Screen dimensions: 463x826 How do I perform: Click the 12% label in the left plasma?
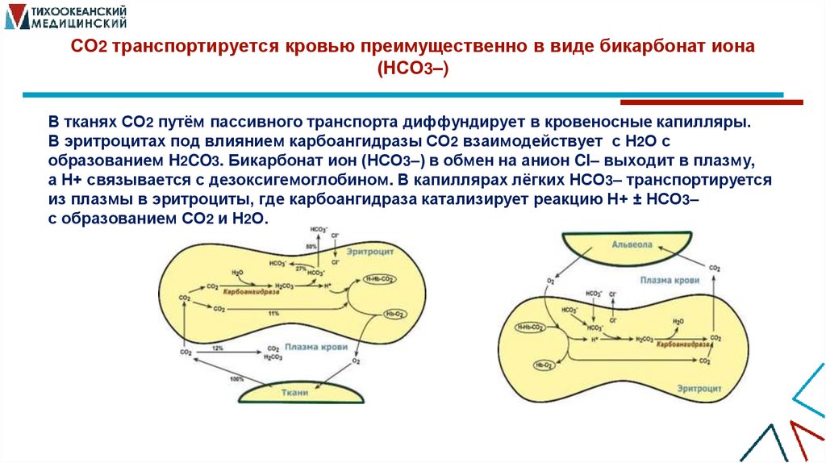pos(217,348)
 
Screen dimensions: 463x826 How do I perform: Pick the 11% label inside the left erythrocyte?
pos(273,312)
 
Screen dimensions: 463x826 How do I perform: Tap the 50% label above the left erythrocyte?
pos(311,245)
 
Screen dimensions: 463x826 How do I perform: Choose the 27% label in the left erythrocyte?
pos(302,269)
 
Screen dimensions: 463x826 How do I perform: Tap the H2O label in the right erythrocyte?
pos(678,319)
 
